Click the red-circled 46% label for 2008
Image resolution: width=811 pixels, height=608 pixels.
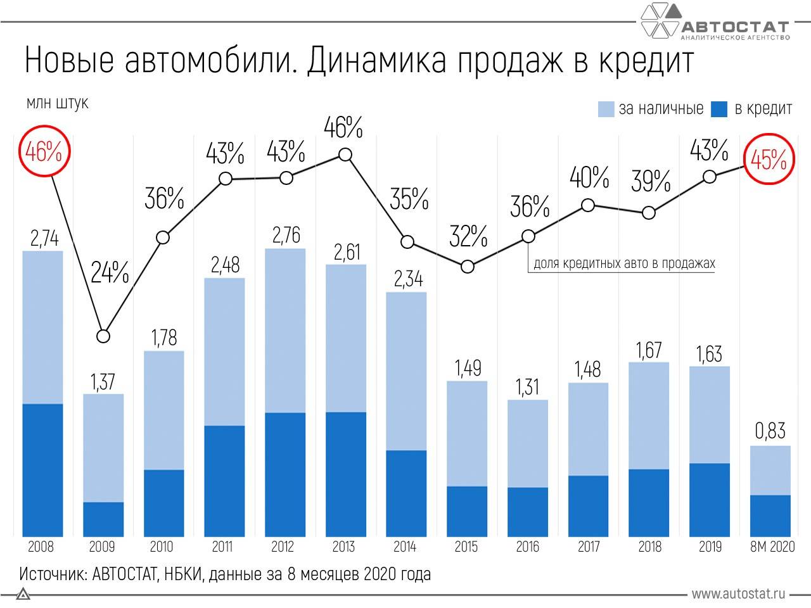pyautogui.click(x=44, y=152)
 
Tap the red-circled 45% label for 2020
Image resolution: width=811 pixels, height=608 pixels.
pyautogui.click(x=769, y=161)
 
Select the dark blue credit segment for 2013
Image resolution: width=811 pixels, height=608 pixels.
pyautogui.click(x=346, y=474)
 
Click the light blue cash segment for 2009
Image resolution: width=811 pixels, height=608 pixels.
pyautogui.click(x=103, y=448)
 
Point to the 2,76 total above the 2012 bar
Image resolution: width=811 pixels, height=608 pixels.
pyautogui.click(x=286, y=235)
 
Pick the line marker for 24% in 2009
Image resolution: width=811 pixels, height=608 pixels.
pyautogui.click(x=103, y=336)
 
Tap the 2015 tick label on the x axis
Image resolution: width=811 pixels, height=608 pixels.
pyautogui.click(x=466, y=547)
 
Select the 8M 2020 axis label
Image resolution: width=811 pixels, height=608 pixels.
pyautogui.click(x=772, y=547)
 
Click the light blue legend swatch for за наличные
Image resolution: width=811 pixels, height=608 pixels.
pyautogui.click(x=606, y=109)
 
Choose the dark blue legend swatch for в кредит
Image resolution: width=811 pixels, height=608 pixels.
pyautogui.click(x=719, y=109)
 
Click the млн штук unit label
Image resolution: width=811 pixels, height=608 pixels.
pyautogui.click(x=57, y=103)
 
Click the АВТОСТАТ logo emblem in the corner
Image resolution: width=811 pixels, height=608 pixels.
pyautogui.click(x=661, y=21)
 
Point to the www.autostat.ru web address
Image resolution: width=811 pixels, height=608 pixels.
pyautogui.click(x=738, y=593)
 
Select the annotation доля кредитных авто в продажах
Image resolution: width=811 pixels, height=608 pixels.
pyautogui.click(x=624, y=263)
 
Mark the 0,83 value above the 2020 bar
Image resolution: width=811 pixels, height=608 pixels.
pyautogui.click(x=770, y=431)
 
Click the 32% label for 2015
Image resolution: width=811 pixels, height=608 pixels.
pyautogui.click(x=468, y=237)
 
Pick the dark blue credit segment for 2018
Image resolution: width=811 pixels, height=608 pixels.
pyautogui.click(x=649, y=503)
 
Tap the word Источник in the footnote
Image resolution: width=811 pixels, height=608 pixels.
pyautogui.click(x=53, y=574)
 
